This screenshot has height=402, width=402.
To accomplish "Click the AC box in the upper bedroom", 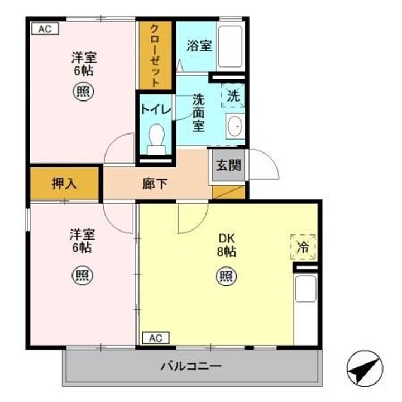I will (x=45, y=28).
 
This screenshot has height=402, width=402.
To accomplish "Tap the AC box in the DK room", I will (x=155, y=338).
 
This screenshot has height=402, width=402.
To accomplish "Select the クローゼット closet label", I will (x=155, y=55).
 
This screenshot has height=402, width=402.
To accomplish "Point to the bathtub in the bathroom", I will (x=229, y=47).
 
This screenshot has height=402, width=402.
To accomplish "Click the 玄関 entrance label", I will (x=228, y=166).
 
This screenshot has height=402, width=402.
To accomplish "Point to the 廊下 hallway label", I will (x=155, y=184).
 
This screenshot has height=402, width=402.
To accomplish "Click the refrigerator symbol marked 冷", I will (x=303, y=246).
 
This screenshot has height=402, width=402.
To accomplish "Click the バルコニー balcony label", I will (x=192, y=367).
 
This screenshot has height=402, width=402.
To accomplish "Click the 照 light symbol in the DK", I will (x=226, y=275).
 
